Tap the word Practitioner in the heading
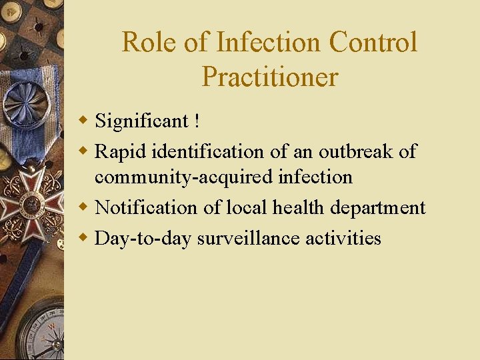[x=270, y=77]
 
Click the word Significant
[x=142, y=121]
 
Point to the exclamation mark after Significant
[x=197, y=121]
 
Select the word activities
[x=343, y=238]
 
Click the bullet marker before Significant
[x=84, y=121]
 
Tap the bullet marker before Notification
[x=84, y=207]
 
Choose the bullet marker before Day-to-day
[x=84, y=237]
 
